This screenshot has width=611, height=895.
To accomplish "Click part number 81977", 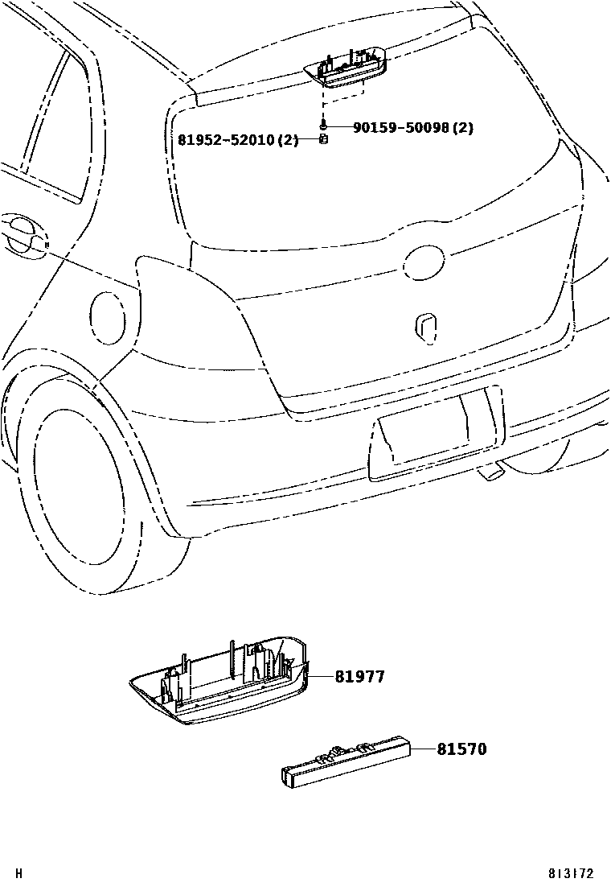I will click(x=359, y=677).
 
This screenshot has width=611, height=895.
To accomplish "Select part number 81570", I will click(x=461, y=749).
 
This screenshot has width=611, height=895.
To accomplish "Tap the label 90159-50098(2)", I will click(x=412, y=127).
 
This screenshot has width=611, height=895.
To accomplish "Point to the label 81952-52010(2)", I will click(x=238, y=140).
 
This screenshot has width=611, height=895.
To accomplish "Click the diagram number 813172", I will click(x=571, y=873).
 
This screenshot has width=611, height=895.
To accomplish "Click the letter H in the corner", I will click(x=19, y=873).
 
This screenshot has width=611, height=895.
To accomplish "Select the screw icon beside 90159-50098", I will click(x=322, y=127).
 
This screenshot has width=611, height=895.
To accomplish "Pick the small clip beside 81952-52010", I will click(x=322, y=139).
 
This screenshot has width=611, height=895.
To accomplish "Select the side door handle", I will click(x=24, y=235).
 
